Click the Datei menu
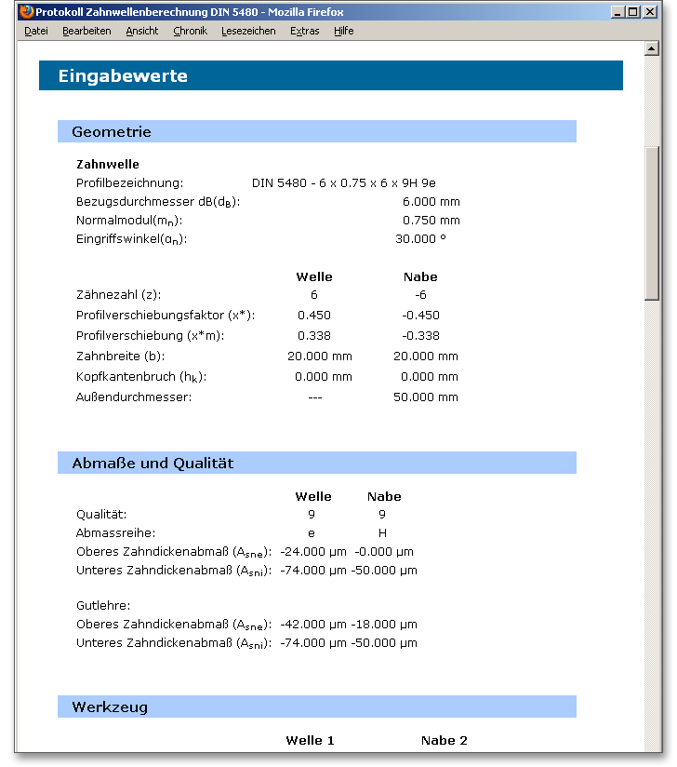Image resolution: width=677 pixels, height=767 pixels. pos(36,31)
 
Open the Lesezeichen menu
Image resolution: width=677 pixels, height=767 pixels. pos(248,31)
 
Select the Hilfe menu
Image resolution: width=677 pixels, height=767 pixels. pos(343,31)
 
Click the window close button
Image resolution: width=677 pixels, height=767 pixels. pos(651,12)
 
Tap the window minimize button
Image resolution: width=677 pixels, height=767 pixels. pos(618,12)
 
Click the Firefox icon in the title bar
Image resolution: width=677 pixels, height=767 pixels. pos(26,12)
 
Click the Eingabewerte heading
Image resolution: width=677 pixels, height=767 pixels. pos(123,76)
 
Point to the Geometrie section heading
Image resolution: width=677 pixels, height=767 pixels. pos(112,132)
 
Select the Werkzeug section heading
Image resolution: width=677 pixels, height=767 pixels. pos(110,707)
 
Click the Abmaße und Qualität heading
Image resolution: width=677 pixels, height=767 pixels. pos(153,464)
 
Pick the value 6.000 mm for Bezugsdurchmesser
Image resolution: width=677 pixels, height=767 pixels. pos(431,202)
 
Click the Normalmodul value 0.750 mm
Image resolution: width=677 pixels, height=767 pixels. pos(431,221)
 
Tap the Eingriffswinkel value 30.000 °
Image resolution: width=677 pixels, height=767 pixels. pos(420,239)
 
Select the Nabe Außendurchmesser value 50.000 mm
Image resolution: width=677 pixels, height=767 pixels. pos(425,397)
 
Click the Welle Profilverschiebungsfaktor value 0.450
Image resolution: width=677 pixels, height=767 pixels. pos(313,316)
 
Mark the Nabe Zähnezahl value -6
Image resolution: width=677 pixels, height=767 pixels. pos(420,294)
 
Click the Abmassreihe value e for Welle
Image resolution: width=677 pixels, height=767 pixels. pos(312,533)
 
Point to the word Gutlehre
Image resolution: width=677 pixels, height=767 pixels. pos(102,605)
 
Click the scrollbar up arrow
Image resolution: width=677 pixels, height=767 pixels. pos(652,48)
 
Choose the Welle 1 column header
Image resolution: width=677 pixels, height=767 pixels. pos(310,741)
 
